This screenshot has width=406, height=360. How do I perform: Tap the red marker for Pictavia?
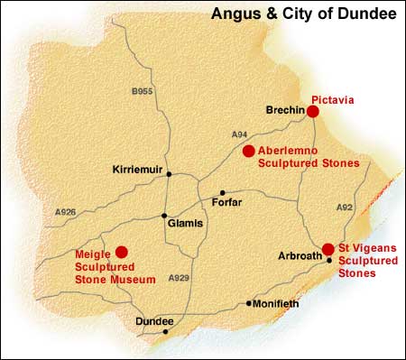(312, 111)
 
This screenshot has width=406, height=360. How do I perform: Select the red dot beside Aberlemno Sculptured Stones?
(248, 150)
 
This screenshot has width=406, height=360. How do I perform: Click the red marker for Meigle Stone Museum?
(121, 252)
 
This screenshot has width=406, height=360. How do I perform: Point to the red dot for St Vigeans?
(328, 249)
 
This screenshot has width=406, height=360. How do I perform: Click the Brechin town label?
(282, 111)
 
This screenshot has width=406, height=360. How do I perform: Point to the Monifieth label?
(281, 304)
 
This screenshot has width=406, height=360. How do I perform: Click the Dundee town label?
(152, 321)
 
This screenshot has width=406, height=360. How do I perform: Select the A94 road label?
(239, 134)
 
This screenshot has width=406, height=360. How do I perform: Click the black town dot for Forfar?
(223, 192)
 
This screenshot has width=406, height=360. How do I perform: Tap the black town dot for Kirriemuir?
(170, 174)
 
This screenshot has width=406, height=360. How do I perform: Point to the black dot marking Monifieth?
(249, 304)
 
